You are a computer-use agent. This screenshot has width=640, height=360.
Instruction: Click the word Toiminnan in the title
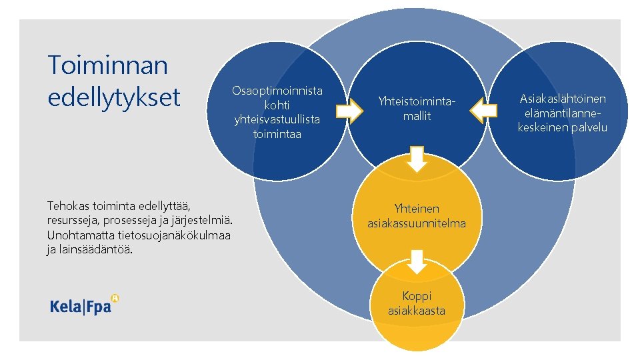click(x=107, y=65)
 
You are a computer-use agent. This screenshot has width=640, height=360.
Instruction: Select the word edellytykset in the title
click(x=114, y=97)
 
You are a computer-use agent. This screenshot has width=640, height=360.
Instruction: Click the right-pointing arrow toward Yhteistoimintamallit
click(x=347, y=111)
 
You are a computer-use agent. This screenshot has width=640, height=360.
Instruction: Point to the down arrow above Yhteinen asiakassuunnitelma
click(x=417, y=159)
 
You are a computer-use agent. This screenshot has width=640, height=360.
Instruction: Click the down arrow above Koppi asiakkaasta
click(x=417, y=261)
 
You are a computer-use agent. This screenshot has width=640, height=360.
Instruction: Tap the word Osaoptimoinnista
click(x=277, y=90)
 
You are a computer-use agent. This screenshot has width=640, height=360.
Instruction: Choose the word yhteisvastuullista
click(x=277, y=119)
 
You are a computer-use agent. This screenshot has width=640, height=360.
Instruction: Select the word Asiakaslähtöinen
click(x=563, y=99)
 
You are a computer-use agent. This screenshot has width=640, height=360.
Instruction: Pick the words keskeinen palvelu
click(x=563, y=127)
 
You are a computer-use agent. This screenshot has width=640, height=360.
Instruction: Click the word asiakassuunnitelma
click(x=417, y=223)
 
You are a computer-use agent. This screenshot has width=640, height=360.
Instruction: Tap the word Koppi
click(x=417, y=295)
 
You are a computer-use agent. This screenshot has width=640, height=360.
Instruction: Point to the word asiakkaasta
click(x=417, y=311)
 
